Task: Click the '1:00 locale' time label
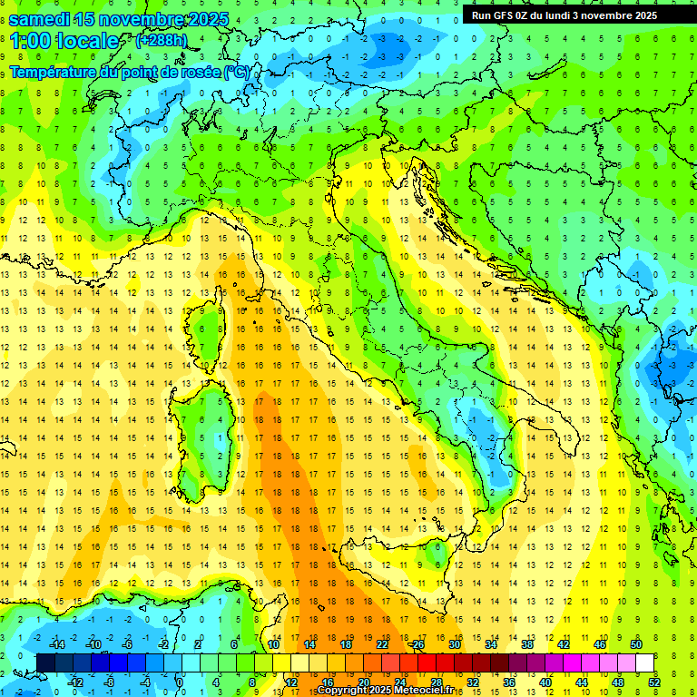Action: [x=64, y=41]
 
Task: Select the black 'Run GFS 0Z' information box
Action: [x=572, y=15]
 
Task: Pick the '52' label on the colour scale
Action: [x=654, y=682]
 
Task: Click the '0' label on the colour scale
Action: [x=179, y=682]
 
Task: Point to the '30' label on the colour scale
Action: [x=455, y=644]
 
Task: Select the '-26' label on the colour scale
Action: [x=417, y=644]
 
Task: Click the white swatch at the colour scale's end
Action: [x=645, y=663]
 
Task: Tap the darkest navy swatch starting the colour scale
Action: [x=45, y=663]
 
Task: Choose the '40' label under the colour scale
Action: [x=545, y=682]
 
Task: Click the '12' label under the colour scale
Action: [x=291, y=682]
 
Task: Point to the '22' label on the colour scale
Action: [x=381, y=644]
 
